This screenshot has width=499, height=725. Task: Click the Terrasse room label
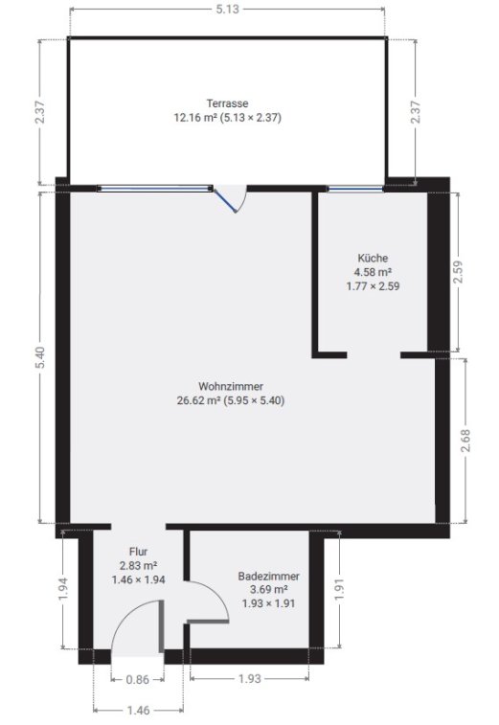pyautogui.click(x=227, y=103)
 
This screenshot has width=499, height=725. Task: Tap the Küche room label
pyautogui.click(x=373, y=258)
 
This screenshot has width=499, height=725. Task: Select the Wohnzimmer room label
pyautogui.click(x=230, y=386)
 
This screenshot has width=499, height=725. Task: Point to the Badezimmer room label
pyautogui.click(x=268, y=577)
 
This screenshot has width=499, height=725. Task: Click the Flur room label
pyautogui.click(x=138, y=552)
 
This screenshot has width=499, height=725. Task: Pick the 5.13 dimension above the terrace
pyautogui.click(x=228, y=10)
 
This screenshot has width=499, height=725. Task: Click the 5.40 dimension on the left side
pyautogui.click(x=41, y=358)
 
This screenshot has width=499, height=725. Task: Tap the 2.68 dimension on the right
pyautogui.click(x=465, y=442)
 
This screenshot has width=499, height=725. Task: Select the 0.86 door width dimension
pyautogui.click(x=137, y=679)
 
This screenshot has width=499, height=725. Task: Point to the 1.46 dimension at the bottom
pyautogui.click(x=138, y=710)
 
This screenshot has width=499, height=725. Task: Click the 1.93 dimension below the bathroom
pyautogui.click(x=250, y=678)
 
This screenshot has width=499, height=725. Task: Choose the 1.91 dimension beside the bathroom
pyautogui.click(x=340, y=590)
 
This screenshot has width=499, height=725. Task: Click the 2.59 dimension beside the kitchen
pyautogui.click(x=458, y=272)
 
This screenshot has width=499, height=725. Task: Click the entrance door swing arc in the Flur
pyautogui.click(x=124, y=618)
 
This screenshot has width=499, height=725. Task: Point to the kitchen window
pyautogui.click(x=355, y=188)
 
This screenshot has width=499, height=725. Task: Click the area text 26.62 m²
pyautogui.click(x=198, y=400)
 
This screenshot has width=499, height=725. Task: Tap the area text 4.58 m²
pyautogui.click(x=373, y=272)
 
